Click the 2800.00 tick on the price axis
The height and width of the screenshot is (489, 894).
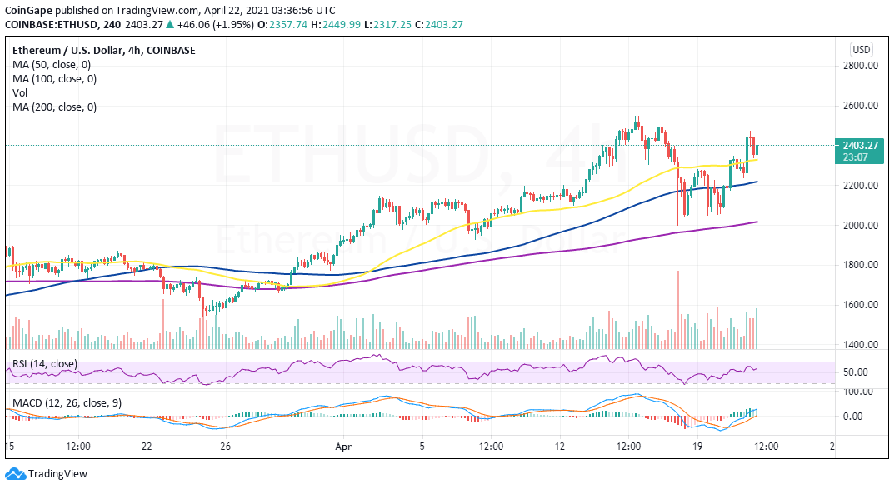pyautogui.click(x=862, y=66)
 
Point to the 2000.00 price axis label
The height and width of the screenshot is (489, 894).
pyautogui.click(x=862, y=225)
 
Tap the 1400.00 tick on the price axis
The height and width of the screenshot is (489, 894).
pyautogui.click(x=862, y=345)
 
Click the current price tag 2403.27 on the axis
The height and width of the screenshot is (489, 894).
pyautogui.click(x=862, y=146)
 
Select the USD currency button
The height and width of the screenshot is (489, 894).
pyautogui.click(x=861, y=49)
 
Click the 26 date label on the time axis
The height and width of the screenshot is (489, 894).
pyautogui.click(x=225, y=447)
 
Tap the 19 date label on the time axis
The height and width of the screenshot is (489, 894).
pyautogui.click(x=701, y=447)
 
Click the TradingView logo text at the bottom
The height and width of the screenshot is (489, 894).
pyautogui.click(x=57, y=474)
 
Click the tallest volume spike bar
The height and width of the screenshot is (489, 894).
pyautogui.click(x=678, y=309)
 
